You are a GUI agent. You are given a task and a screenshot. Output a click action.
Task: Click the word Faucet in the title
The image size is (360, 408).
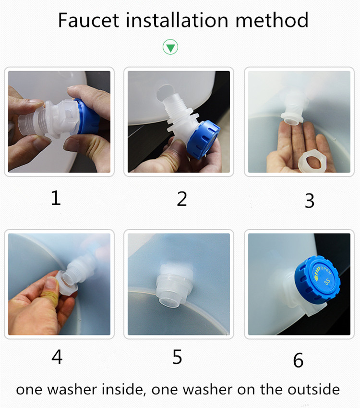(88, 20)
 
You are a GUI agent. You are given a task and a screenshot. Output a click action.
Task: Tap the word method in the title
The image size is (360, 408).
(272, 20)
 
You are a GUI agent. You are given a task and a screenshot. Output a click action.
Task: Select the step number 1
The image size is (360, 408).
(56, 198)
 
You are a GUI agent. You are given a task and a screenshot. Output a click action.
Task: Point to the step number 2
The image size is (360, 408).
(182, 199)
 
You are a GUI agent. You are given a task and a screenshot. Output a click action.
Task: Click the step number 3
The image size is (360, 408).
(309, 200)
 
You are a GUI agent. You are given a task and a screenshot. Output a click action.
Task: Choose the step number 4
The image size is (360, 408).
(57, 357)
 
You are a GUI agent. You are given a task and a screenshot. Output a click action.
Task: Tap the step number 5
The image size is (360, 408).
(177, 357)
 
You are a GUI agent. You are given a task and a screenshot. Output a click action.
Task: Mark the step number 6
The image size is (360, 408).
(298, 360)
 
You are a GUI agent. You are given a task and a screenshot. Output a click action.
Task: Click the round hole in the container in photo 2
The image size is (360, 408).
(163, 93)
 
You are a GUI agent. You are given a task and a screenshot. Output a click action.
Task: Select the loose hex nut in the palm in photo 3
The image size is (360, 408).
(312, 160)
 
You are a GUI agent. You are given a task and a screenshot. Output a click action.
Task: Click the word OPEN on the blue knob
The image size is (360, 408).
(325, 270)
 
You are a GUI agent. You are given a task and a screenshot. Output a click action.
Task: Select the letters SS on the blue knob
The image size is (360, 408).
(327, 281)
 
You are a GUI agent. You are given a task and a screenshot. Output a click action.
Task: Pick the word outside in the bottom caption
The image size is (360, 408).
(314, 389)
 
